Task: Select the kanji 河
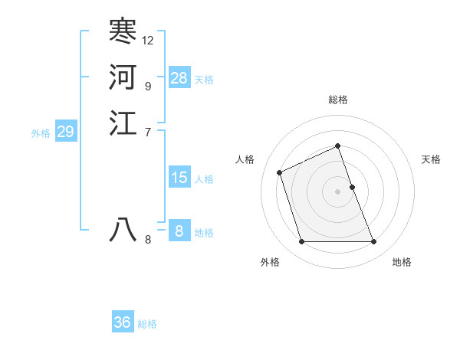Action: pyautogui.click(x=123, y=77)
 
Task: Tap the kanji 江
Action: pyautogui.click(x=123, y=123)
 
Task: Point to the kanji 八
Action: pyautogui.click(x=123, y=230)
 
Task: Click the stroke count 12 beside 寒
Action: pyautogui.click(x=148, y=40)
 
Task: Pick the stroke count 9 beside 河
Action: pyautogui.click(x=148, y=86)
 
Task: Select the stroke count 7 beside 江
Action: pyautogui.click(x=148, y=132)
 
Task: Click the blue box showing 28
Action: pyautogui.click(x=179, y=78)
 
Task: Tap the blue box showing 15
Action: pyautogui.click(x=179, y=178)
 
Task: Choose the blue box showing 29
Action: pyautogui.click(x=65, y=132)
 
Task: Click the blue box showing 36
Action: pyautogui.click(x=123, y=322)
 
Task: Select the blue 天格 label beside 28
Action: pyautogui.click(x=204, y=80)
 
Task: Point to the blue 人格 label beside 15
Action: pyautogui.click(x=204, y=179)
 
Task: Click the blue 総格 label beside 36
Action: pyautogui.click(x=147, y=324)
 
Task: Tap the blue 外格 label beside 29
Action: pyautogui.click(x=41, y=133)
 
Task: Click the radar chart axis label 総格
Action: pyautogui.click(x=338, y=100)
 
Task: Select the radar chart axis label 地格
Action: pyautogui.click(x=402, y=262)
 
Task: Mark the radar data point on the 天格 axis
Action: pyautogui.click(x=352, y=187)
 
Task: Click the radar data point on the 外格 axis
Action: pyautogui.click(x=301, y=242)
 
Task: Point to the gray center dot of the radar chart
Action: pyautogui.click(x=338, y=191)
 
